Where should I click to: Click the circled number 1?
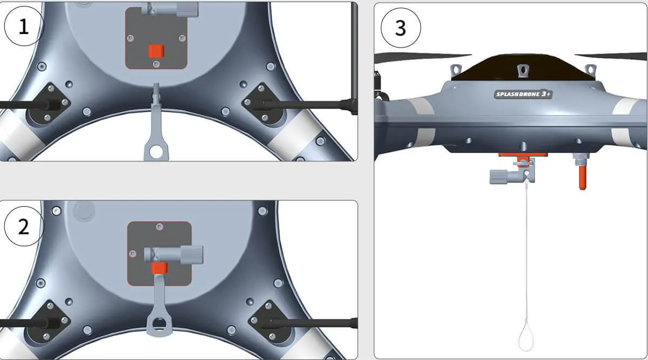[24, 26]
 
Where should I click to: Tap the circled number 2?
[24, 226]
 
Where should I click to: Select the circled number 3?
[401, 28]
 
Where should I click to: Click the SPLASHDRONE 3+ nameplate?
[523, 94]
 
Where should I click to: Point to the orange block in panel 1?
[156, 51]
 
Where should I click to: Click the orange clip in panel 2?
[159, 268]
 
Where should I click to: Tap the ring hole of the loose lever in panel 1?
[156, 152]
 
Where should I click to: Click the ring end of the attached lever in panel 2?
[159, 325]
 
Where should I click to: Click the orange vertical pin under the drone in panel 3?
[582, 178]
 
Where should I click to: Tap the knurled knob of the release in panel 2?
[192, 254]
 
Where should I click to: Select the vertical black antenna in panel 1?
[354, 58]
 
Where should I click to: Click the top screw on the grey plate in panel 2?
[159, 227]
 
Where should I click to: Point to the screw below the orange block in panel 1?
[156, 64]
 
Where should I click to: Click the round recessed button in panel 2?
[84, 211]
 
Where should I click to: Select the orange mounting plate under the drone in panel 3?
[523, 155]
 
